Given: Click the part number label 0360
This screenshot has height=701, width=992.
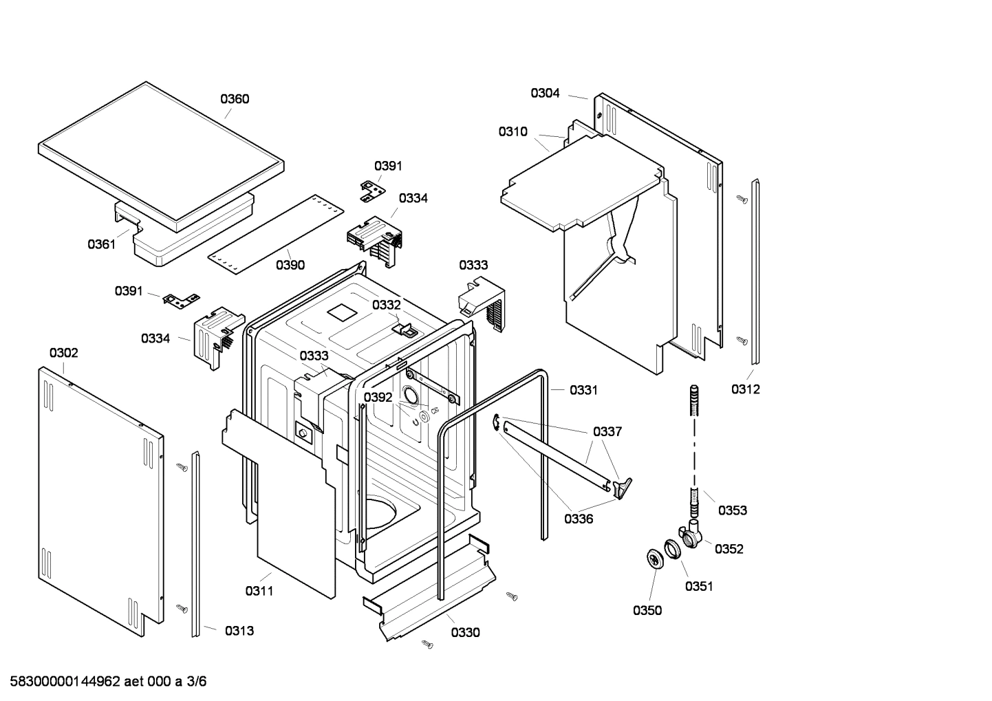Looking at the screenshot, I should tap(235, 99).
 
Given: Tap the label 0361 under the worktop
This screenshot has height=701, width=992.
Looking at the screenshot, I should tap(101, 244).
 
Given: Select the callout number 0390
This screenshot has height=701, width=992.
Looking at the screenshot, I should tap(290, 265).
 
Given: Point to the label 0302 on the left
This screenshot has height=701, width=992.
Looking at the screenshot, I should tap(63, 353).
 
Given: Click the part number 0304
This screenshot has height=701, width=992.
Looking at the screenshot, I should tap(545, 93).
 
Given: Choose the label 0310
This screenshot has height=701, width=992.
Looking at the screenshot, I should tap(513, 132).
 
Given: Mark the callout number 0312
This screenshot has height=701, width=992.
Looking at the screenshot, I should tap(746, 389).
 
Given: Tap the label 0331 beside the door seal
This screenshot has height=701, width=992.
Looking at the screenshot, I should tap(583, 390).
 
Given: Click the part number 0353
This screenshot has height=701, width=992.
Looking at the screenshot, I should tap(733, 510).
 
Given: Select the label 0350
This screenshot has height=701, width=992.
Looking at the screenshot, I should tap(647, 610).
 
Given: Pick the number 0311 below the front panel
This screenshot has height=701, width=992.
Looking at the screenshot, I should tap(259, 590).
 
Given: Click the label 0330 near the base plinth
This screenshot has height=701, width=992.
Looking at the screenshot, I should tap(466, 633).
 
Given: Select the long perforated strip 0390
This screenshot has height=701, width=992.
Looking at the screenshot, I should tap(275, 227).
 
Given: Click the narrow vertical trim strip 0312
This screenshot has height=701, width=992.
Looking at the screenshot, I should tap(755, 272).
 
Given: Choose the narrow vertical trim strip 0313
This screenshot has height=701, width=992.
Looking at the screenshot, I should tap(196, 543).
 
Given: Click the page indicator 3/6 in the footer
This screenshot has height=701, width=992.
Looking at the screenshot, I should tap(197, 682).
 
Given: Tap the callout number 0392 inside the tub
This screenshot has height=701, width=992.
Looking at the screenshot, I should tap(378, 398).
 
